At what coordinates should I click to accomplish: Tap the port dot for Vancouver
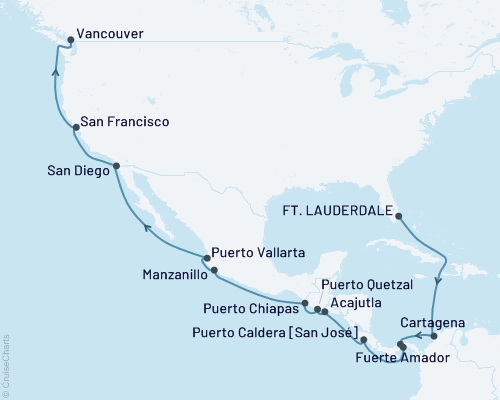point(69,41)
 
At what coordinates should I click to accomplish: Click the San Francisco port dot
point(76,128)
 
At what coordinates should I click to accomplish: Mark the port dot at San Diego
point(116,166)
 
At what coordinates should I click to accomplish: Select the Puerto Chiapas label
point(252,307)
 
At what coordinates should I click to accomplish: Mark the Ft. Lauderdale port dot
point(398,216)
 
